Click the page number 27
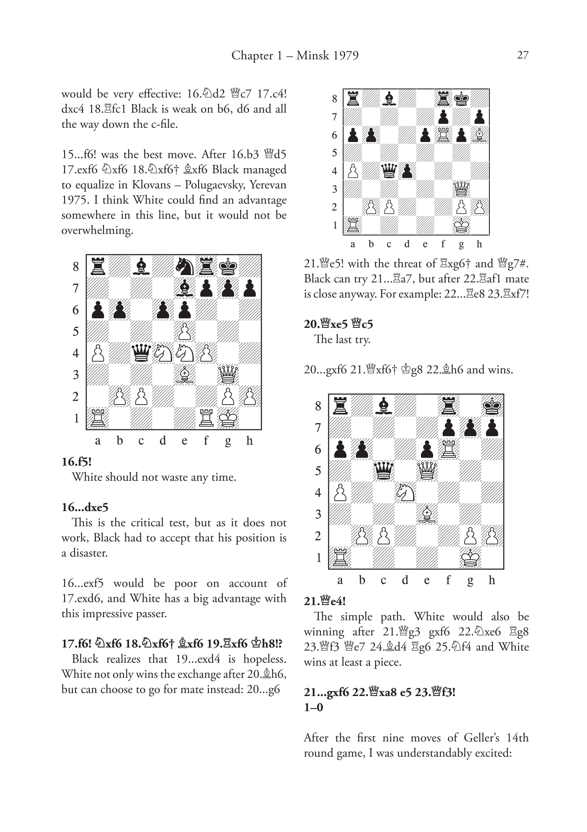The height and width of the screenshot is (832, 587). (522, 55)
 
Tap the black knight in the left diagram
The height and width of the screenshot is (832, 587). (185, 266)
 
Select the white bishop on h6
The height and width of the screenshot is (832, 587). (479, 135)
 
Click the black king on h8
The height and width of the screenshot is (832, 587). (492, 406)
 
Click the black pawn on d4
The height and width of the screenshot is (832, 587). (407, 171)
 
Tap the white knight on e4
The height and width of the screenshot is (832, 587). (185, 353)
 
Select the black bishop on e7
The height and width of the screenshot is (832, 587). (185, 288)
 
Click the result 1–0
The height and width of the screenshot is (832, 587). (313, 707)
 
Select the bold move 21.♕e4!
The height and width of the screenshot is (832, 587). (325, 601)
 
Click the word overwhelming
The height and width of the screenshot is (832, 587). (97, 230)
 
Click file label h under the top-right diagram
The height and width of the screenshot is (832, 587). (479, 244)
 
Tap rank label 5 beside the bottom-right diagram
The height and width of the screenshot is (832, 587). (318, 471)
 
